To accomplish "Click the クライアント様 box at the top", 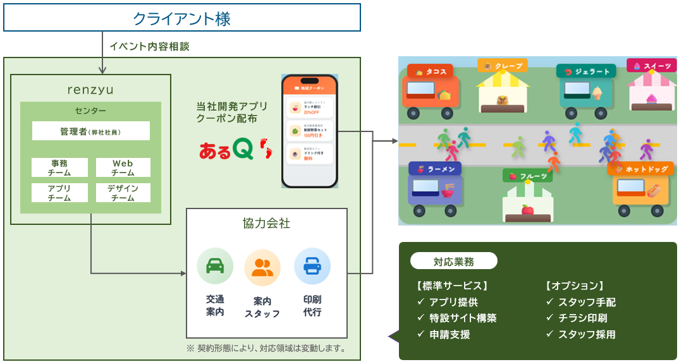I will [182, 18].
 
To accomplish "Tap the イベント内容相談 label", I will [149, 46].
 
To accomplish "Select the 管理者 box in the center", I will [91, 131].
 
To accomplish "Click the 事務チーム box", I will [59, 167].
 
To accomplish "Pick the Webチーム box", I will [123, 167].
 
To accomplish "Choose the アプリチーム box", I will [59, 193].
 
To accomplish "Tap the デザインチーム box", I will [123, 193].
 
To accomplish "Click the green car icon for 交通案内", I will [215, 266].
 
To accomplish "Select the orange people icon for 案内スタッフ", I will [262, 267].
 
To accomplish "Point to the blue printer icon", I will [312, 266].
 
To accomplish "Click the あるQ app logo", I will [235, 149].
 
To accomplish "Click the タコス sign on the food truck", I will [432, 72].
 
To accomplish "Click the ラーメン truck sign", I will [435, 169].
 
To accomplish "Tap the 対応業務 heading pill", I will [453, 262].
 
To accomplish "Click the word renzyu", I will [90, 90].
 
